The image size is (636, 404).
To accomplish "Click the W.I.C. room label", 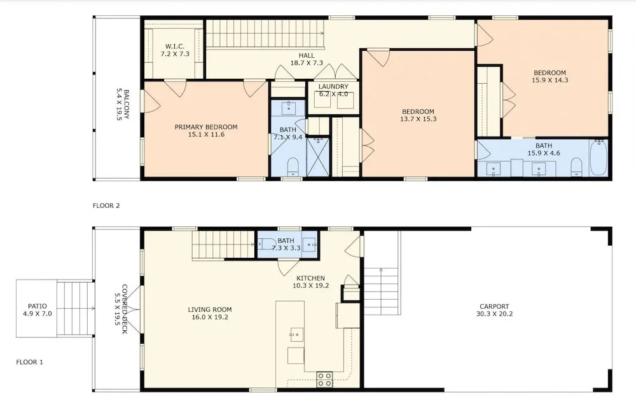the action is pyautogui.click(x=175, y=46).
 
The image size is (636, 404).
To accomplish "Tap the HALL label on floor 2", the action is pyautogui.click(x=307, y=55).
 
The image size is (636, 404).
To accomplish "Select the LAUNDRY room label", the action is pyautogui.click(x=333, y=86).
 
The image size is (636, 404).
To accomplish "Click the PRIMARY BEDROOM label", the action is pyautogui.click(x=206, y=127).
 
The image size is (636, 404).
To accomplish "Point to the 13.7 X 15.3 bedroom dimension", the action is pyautogui.click(x=418, y=119).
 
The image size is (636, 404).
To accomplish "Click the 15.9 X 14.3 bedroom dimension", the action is pyautogui.click(x=550, y=80).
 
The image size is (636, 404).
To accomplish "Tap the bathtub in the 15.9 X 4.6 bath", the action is pyautogui.click(x=598, y=158).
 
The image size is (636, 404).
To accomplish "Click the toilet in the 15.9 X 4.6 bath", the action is pyautogui.click(x=576, y=167).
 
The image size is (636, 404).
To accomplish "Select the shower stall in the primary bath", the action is pyautogui.click(x=317, y=158).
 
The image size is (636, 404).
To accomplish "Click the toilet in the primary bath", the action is pyautogui.click(x=293, y=167).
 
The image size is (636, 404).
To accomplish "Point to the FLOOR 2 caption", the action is pyautogui.click(x=106, y=205).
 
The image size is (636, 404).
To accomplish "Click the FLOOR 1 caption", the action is pyautogui.click(x=30, y=362).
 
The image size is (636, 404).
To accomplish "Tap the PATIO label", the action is pyautogui.click(x=38, y=306).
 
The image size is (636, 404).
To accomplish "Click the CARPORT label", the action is pyautogui.click(x=494, y=307).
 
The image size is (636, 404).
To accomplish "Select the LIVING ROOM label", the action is pyautogui.click(x=210, y=309).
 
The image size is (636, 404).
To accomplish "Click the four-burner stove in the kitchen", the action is pyautogui.click(x=325, y=379).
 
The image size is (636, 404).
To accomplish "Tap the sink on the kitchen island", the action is pyautogui.click(x=296, y=335).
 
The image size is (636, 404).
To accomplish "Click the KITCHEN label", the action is pyautogui.click(x=311, y=278).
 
